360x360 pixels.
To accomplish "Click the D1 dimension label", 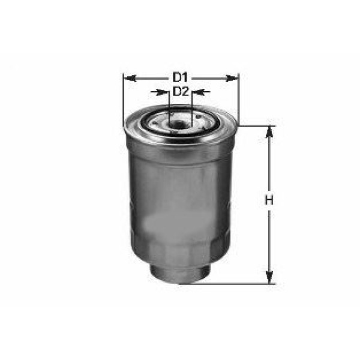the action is [x=181, y=77].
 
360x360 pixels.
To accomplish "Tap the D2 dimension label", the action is [x=181, y=92].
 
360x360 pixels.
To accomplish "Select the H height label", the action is [x=269, y=200].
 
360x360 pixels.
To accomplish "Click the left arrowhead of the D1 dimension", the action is [x=130, y=79].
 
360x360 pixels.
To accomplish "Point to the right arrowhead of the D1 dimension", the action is [x=232, y=79].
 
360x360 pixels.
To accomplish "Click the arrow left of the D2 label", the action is [x=160, y=92].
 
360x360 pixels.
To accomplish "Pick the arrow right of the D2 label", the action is [x=201, y=92].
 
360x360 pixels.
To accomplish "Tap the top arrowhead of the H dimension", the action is [x=269, y=132].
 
